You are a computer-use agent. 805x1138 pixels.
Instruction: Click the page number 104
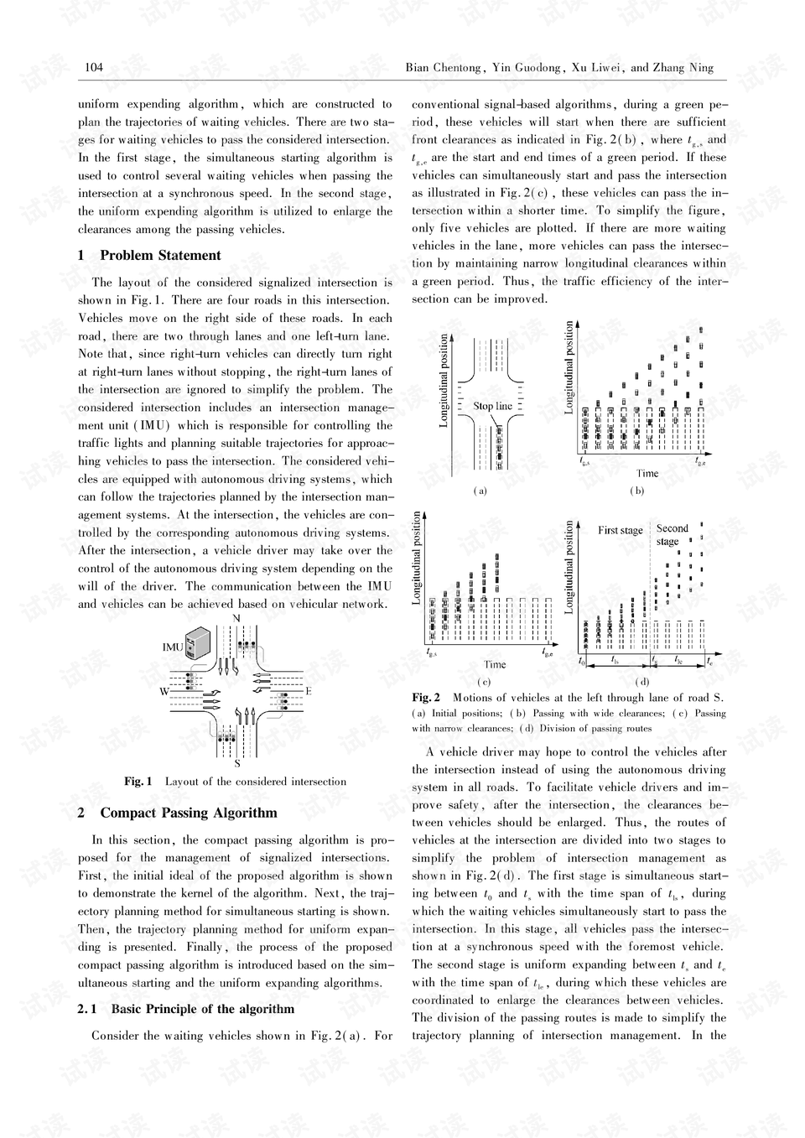click(94, 68)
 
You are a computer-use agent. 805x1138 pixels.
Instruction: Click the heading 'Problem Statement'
click(160, 256)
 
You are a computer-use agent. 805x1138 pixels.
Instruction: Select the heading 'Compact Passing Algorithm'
click(188, 813)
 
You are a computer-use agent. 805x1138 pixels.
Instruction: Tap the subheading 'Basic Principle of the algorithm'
click(202, 1009)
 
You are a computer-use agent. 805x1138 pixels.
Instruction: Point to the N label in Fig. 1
click(236, 618)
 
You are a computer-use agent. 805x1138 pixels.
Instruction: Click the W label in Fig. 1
click(165, 692)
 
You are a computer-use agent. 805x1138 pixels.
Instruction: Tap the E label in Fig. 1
click(309, 691)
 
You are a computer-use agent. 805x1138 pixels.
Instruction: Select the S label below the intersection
click(237, 763)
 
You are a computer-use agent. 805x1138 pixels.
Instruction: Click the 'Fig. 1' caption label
click(138, 782)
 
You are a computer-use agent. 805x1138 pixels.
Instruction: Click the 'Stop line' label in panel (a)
click(492, 407)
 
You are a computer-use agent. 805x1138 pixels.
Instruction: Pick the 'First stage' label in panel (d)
click(620, 530)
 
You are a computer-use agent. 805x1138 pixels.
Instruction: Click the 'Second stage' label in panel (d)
click(671, 535)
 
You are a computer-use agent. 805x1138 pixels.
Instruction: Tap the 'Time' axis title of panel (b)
click(647, 473)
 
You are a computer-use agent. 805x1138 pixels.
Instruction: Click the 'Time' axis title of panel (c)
click(495, 664)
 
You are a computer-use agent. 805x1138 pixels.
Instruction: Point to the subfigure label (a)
click(480, 491)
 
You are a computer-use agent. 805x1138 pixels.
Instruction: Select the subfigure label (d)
click(642, 681)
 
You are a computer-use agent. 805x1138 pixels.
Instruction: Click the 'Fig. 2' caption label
click(426, 698)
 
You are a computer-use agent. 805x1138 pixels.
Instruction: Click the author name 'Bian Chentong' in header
click(443, 68)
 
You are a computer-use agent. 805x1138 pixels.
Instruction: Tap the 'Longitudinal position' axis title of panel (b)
click(569, 367)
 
